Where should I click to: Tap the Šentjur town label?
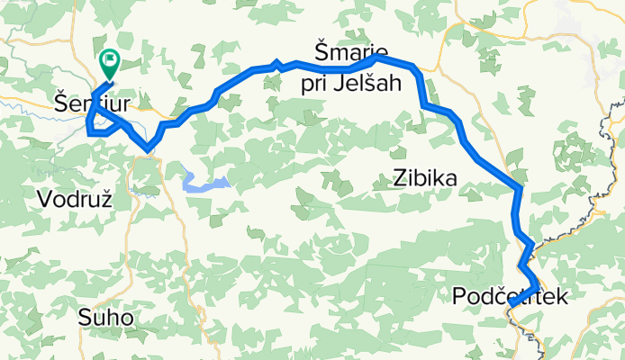click(89, 104)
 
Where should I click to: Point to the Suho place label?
click(105, 318)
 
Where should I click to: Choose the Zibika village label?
click(424, 178)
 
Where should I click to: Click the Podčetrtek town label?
click(512, 296)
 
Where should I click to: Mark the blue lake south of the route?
click(204, 183)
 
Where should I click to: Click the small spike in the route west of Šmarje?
click(277, 63)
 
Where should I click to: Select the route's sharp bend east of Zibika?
click(519, 188)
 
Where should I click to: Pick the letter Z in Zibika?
click(399, 178)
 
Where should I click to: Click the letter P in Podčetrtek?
click(461, 296)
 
